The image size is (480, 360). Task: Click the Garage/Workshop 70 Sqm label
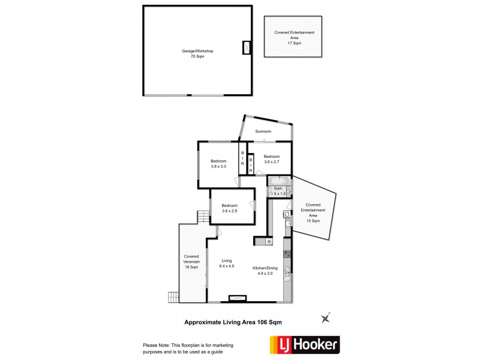coord(197,53)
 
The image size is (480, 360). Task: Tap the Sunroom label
coord(263,131)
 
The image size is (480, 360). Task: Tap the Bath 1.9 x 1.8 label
coord(278,191)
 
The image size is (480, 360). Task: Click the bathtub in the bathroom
coord(280,180)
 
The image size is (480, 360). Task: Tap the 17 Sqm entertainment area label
coord(294,38)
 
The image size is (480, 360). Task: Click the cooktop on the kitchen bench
coord(287,253)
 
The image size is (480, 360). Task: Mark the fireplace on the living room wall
coord(238,297)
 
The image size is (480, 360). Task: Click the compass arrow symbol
coord(326,317)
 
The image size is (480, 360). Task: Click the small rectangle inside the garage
coord(247,48)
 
